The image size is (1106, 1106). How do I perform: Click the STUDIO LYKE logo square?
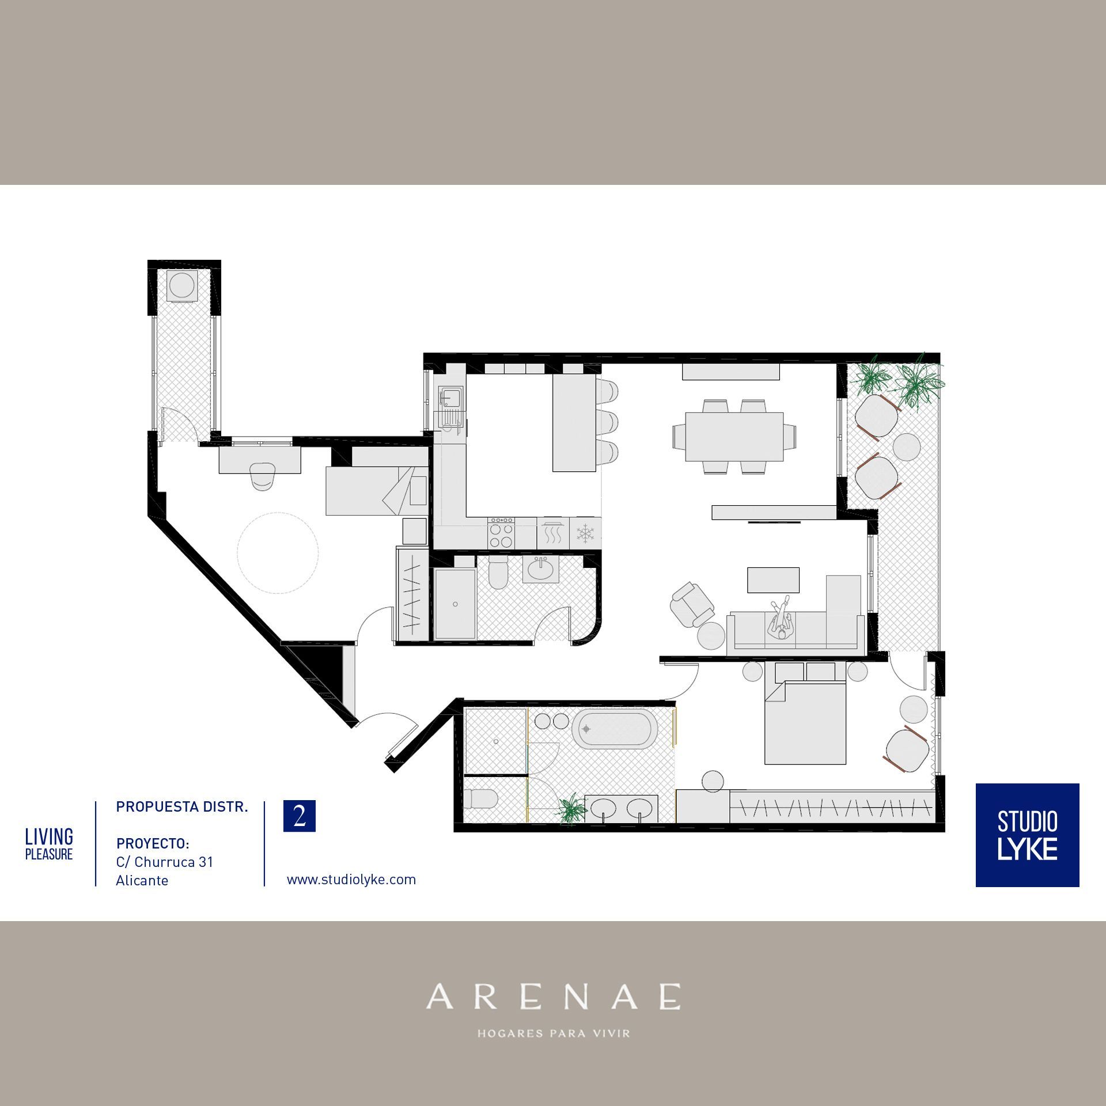coord(1027,835)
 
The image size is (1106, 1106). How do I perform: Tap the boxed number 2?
coord(300,816)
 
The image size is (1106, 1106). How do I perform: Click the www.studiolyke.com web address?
coord(351,880)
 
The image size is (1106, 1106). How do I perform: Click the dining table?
coord(734,436)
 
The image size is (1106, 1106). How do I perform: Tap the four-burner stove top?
coord(501,533)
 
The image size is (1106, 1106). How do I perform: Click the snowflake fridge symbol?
coord(585,533)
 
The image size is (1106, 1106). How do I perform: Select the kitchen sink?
coord(450,397)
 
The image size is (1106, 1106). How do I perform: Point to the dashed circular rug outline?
coord(278,553)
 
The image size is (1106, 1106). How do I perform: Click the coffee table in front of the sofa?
coord(773,580)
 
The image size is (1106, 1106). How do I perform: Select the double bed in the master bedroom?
coord(805,722)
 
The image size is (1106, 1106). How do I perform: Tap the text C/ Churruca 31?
coord(165,862)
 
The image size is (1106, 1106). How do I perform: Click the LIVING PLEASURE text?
coord(49,844)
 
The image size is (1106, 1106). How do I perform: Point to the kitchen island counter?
coord(574,423)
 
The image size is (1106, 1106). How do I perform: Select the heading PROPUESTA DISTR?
coord(182,807)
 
